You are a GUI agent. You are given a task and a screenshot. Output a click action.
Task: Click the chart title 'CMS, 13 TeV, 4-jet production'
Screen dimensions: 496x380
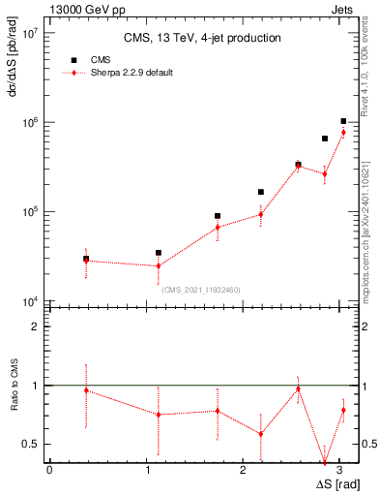(x=202, y=39)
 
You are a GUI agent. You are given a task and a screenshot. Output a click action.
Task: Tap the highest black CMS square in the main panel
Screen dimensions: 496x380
(x=343, y=121)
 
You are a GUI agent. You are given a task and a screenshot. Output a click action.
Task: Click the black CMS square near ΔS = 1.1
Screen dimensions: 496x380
(x=159, y=253)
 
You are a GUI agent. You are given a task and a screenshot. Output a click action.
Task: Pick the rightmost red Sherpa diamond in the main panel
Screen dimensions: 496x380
(x=343, y=133)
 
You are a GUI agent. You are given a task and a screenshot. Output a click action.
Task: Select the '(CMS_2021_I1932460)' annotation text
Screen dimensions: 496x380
(x=200, y=290)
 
